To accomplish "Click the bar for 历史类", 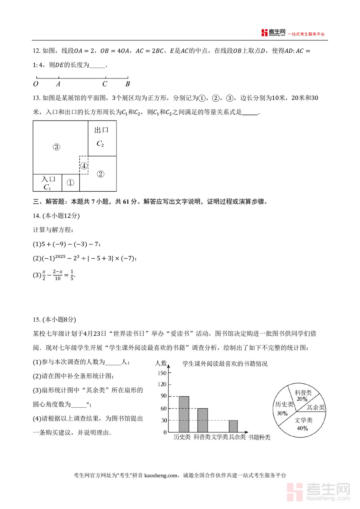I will pos(184,414).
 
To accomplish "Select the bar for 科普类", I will pos(202,420).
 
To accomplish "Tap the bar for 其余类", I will pos(233,426).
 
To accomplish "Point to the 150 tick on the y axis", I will pos(162,373).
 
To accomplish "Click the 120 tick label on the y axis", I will pos(162,384).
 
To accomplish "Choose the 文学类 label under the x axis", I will pos(220,437).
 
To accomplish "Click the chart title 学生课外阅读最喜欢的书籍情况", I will pos(225,364).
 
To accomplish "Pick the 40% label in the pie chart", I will pos(302,428).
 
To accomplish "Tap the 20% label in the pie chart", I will pos(302,399).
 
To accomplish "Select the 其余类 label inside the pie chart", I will pos(316,407).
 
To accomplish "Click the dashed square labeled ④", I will pos(84,165).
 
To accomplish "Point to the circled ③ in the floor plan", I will pos(56,147).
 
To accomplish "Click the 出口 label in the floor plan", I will pos(102,130).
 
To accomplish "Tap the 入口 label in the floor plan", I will pos(48,179).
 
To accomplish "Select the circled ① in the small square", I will pos(70,183).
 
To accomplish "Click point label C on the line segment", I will pos(105,84).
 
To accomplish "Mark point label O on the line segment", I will pos(36,84).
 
